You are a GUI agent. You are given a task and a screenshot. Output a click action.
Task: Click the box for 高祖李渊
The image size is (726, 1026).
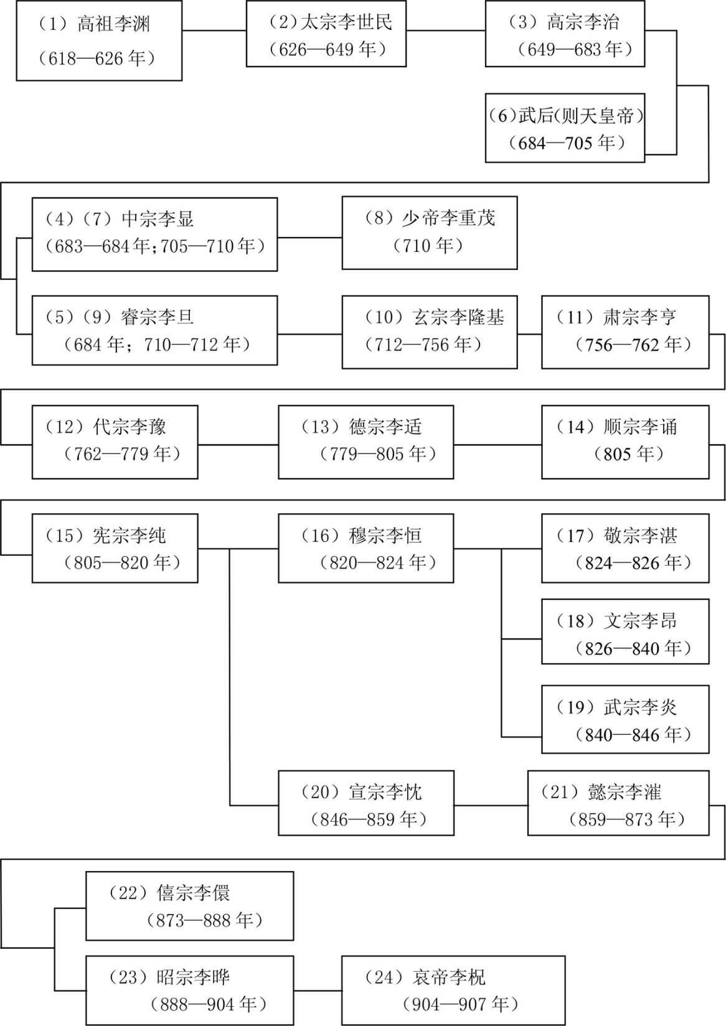click(x=99, y=41)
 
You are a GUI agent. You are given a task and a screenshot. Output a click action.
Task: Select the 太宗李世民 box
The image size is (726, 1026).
click(x=326, y=34)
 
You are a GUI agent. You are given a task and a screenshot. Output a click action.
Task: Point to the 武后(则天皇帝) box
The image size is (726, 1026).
click(x=565, y=128)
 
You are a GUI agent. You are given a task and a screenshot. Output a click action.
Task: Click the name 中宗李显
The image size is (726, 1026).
click(x=157, y=219)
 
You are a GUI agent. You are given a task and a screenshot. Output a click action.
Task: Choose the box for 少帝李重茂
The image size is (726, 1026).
click(x=430, y=233)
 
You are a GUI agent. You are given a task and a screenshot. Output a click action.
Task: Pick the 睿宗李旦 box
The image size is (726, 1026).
click(x=154, y=330)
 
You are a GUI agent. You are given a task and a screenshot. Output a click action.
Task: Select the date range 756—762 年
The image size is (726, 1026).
click(x=633, y=345)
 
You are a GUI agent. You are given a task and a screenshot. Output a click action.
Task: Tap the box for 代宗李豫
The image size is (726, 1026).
click(x=115, y=442)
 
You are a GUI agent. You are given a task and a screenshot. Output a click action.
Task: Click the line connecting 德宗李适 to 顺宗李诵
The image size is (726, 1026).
click(x=497, y=444)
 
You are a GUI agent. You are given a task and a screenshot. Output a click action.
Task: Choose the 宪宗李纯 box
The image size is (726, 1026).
click(x=115, y=548)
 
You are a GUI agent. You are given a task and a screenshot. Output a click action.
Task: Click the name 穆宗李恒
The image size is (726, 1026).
click(x=385, y=536)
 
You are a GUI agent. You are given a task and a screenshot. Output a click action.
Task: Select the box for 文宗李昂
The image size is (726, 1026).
click(x=625, y=632)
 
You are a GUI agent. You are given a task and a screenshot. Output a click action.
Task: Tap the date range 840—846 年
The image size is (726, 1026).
click(x=633, y=735)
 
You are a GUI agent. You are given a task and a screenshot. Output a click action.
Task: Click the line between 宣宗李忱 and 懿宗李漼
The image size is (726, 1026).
click(x=491, y=805)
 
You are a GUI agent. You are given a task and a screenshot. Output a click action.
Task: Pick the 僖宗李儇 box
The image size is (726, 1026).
click(x=190, y=906)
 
